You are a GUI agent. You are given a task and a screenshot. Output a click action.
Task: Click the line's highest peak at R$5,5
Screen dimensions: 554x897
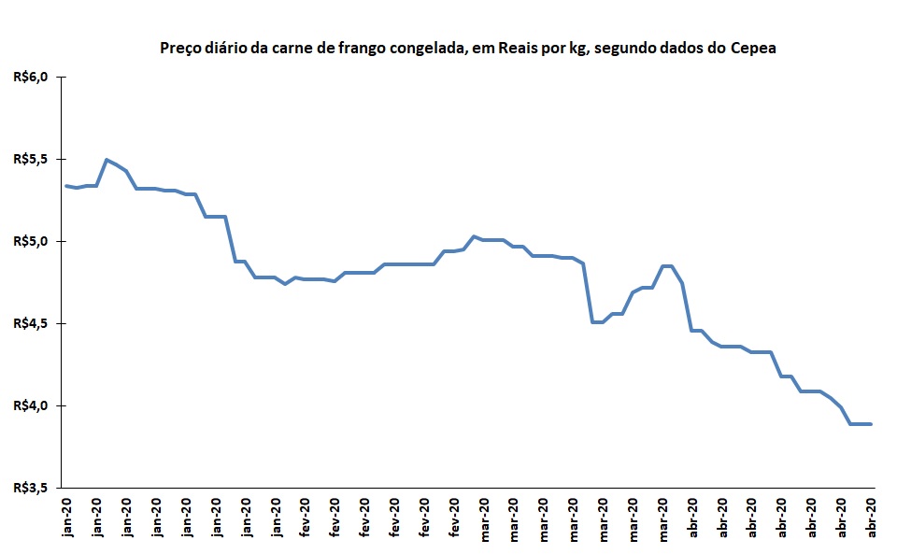[106, 160]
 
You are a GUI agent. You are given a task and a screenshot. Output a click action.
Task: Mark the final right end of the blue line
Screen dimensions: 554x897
[871, 424]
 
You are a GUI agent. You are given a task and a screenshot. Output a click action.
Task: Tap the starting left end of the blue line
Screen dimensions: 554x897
[65, 186]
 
